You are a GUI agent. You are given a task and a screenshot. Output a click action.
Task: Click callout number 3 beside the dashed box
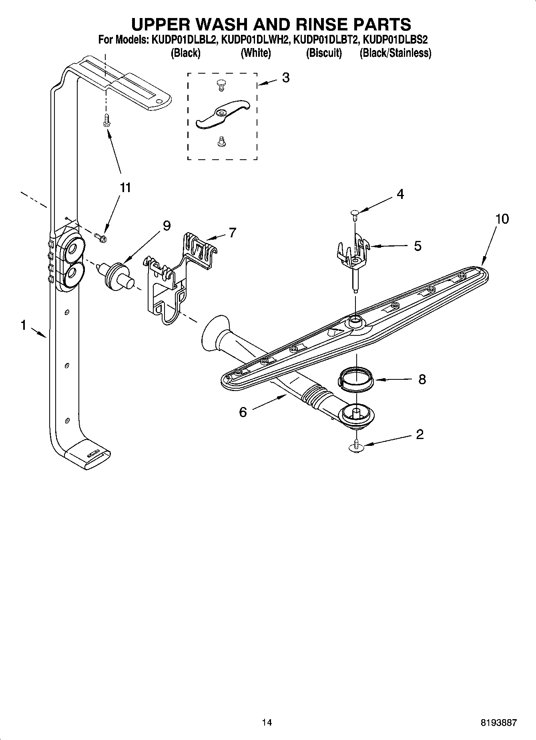point(285,78)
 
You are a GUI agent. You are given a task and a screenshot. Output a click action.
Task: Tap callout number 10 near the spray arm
point(502,219)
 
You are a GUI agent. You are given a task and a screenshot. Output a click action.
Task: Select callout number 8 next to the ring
point(422,379)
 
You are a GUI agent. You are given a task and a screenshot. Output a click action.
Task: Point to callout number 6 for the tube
point(243,412)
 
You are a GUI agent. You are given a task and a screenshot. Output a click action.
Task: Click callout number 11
point(125,187)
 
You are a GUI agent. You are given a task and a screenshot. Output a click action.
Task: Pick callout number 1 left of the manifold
point(23,325)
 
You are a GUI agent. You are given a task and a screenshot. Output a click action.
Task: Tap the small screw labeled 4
point(355,214)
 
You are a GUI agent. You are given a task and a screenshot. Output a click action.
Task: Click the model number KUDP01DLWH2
point(255,40)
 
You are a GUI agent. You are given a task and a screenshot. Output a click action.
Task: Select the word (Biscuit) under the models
point(324,53)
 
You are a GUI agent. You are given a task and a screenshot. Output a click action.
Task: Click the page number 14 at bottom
point(267,722)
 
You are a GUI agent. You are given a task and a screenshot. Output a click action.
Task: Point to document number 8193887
point(498,722)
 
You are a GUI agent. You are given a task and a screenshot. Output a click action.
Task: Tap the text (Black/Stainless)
point(395,53)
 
